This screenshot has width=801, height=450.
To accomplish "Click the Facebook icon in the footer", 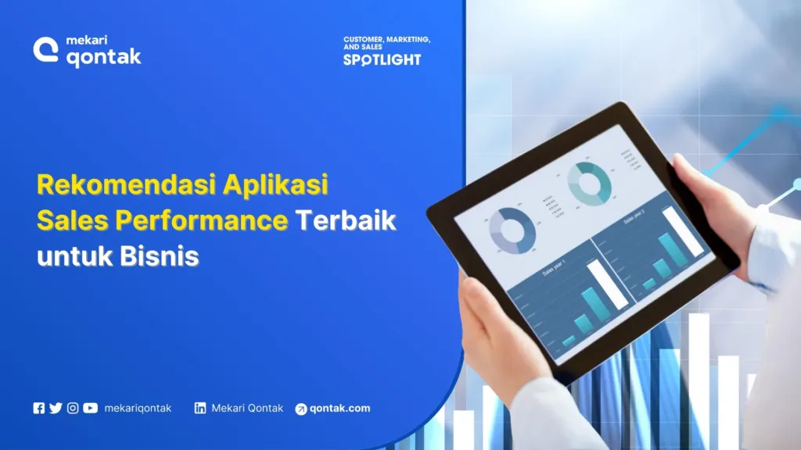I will click(x=39, y=408).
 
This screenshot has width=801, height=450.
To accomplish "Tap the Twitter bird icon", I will click(x=56, y=408).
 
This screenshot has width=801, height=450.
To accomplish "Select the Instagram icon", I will click(x=73, y=408).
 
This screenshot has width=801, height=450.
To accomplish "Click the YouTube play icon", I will click(x=91, y=408).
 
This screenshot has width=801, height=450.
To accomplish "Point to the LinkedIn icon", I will click(x=200, y=408).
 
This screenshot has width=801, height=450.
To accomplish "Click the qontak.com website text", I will click(x=339, y=408).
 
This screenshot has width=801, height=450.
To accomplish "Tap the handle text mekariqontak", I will click(x=138, y=408).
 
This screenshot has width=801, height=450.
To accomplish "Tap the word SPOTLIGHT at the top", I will click(x=382, y=59).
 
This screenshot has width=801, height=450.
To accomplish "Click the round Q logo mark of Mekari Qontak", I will click(x=45, y=50).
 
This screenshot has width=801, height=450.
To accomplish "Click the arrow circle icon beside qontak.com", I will click(x=301, y=409).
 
